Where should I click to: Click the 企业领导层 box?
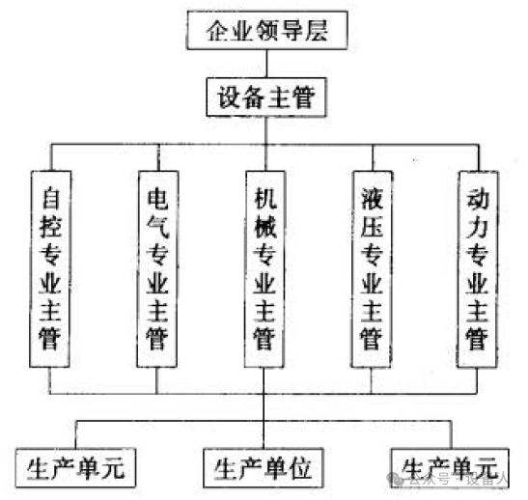point(267,30)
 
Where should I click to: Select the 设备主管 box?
point(266,97)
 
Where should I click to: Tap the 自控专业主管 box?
point(50,269)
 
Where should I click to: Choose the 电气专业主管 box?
point(157,269)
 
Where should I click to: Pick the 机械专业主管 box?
point(264,269)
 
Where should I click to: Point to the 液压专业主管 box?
point(372,269)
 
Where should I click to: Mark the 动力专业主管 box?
point(478,269)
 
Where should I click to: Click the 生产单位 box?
point(264,468)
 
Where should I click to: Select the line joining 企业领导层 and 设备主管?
point(267,64)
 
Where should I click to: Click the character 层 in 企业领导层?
point(317,31)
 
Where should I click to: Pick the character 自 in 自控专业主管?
point(50,198)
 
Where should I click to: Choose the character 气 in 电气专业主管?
point(157,226)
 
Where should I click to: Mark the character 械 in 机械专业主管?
point(265,226)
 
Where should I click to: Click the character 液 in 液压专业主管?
point(372,198)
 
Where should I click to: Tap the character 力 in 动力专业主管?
point(478,226)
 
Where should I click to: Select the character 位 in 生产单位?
point(300,468)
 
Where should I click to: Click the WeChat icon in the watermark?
point(396,479)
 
